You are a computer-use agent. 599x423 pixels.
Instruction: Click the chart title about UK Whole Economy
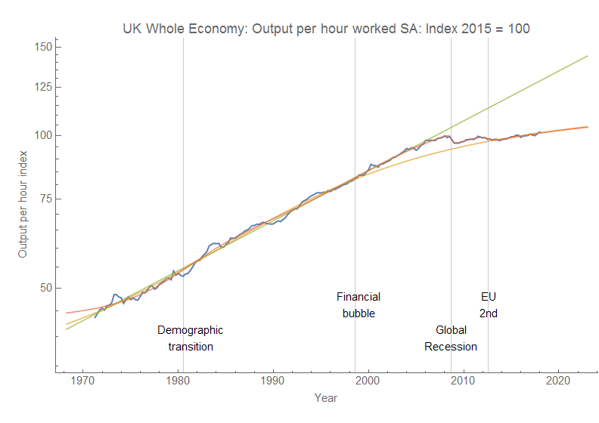point(326,29)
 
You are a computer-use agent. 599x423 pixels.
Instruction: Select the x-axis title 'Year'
point(326,397)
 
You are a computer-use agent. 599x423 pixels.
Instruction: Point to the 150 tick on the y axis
point(42,47)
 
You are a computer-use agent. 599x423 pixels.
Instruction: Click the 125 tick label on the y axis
point(42,87)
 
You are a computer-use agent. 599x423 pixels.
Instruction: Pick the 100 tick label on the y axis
point(42,135)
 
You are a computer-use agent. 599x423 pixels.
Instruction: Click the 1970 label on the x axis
point(84,380)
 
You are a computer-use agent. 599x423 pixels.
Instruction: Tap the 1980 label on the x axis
point(178,380)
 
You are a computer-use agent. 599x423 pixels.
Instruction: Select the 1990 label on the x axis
point(273,380)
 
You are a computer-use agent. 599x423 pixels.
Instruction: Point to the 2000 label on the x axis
point(368,380)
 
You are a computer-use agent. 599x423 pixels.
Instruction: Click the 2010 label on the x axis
point(463,380)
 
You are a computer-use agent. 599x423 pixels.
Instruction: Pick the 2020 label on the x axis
point(557,380)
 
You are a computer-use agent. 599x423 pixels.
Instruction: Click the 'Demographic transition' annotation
point(191,338)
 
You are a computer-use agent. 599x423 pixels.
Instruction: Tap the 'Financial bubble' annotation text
point(358,305)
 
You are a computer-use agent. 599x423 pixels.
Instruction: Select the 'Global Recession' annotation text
point(451,338)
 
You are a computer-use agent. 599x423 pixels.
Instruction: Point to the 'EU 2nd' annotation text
point(489,305)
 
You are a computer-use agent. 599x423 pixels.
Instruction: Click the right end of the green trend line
point(588,56)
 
